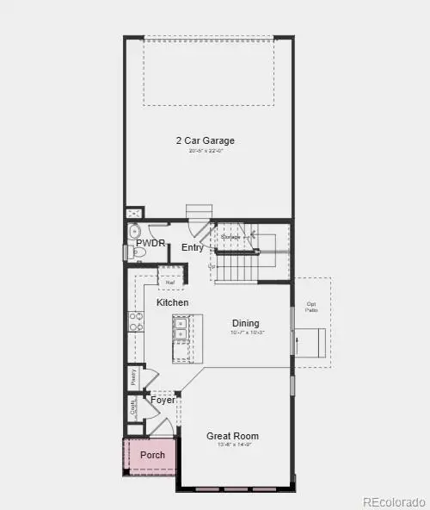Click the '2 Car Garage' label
pos(205,140)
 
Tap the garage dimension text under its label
pos(205,152)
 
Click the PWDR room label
pos(150,244)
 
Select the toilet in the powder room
pos(134,232)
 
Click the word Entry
pos(193,248)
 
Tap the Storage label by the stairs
pos(230,236)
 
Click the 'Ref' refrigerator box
pos(170,281)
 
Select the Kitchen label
pos(173,303)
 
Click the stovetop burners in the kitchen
pos(136,321)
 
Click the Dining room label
pos(246,324)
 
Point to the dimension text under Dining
pos(246,333)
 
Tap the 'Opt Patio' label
pos(311,306)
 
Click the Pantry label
pos(133,376)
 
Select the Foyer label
pos(163,400)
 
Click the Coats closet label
pos(132,407)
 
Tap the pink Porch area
pos(152,455)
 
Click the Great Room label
pos(232,436)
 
